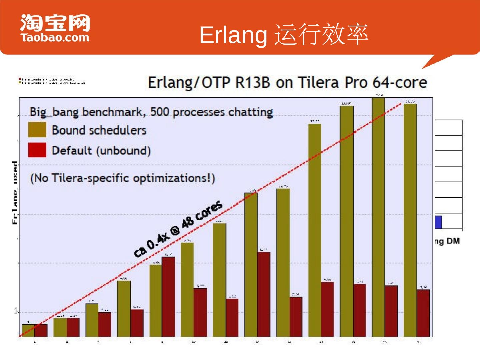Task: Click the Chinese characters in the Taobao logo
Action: (55, 23)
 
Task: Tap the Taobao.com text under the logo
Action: (55, 37)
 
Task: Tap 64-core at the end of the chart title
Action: (400, 82)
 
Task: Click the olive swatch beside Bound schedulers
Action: (37, 130)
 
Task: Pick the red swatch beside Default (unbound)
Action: (37, 150)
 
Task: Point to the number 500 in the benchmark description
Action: (160, 112)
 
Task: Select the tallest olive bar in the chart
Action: (378, 217)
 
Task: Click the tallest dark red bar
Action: (168, 297)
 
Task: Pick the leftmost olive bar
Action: (28, 330)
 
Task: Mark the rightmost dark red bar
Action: (423, 313)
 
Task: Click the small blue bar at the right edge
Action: (439, 222)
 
